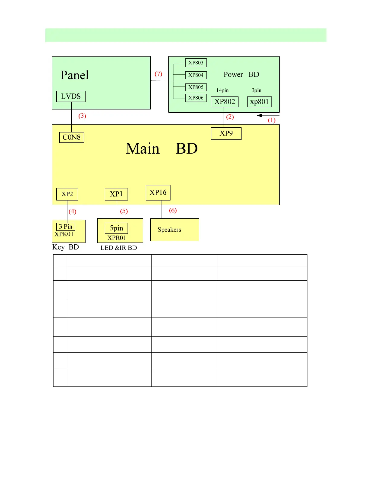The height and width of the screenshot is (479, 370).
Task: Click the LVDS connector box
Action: pos(71,96)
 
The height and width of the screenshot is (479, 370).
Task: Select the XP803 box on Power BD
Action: pos(196,63)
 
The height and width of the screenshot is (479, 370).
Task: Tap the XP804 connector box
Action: pos(196,75)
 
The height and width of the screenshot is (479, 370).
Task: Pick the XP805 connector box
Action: pos(196,87)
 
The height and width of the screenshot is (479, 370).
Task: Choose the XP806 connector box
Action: pos(196,98)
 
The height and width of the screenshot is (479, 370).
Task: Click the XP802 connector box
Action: pos(225,102)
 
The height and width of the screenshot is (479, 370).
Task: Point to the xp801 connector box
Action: pos(260,102)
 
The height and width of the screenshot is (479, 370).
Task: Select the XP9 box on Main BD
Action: pos(226,134)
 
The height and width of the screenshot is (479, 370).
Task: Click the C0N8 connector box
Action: pos(72,137)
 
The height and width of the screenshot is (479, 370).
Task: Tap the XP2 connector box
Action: pos(67,194)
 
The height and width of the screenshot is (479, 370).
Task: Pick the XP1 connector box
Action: pos(116,194)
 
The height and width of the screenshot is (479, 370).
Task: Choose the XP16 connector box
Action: pos(158,193)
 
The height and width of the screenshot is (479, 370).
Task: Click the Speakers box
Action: pos(175,230)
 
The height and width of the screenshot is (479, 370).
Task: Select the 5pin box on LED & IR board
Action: pos(116,228)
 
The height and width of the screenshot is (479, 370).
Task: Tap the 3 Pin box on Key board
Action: pos(66,226)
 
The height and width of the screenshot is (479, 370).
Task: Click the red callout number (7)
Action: pos(158,74)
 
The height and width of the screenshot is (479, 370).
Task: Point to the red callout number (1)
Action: pos(272,120)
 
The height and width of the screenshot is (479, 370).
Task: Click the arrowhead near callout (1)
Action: pos(259,115)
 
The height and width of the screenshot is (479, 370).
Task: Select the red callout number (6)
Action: pos(173,210)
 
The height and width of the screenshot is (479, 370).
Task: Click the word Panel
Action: pos(75,75)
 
